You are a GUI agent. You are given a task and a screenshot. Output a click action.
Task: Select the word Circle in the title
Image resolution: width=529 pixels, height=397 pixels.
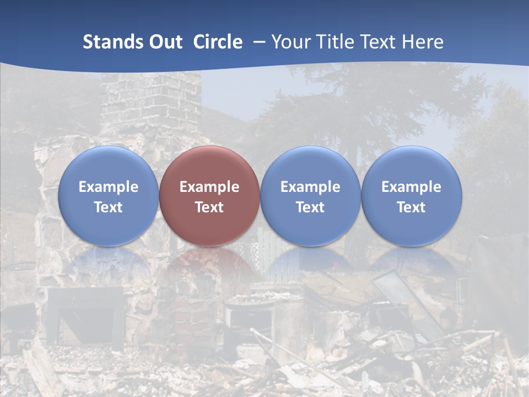[218, 42]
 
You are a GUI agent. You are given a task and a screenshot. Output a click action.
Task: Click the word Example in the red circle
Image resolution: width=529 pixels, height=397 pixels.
[209, 187]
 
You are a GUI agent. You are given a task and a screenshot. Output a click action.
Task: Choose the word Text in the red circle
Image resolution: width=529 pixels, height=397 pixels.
[209, 207]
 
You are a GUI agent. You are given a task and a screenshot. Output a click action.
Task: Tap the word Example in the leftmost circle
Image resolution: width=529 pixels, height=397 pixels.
[109, 187]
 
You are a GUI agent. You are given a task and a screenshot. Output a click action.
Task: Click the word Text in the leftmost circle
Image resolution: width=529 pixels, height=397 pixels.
[109, 207]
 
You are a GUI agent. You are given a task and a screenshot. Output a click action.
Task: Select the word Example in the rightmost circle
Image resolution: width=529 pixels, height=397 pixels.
[412, 187]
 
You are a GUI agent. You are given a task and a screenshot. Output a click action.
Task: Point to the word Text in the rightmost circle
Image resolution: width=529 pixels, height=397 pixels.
[412, 207]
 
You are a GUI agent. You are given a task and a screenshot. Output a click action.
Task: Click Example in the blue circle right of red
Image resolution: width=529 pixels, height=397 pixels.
[310, 187]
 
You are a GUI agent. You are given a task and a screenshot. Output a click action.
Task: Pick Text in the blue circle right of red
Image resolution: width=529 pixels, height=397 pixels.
[310, 207]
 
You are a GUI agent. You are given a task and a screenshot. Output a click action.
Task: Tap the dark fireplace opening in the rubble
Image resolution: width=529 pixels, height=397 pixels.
[85, 314]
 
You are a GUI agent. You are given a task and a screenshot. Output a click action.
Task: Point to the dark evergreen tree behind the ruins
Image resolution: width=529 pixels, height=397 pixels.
[353, 110]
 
